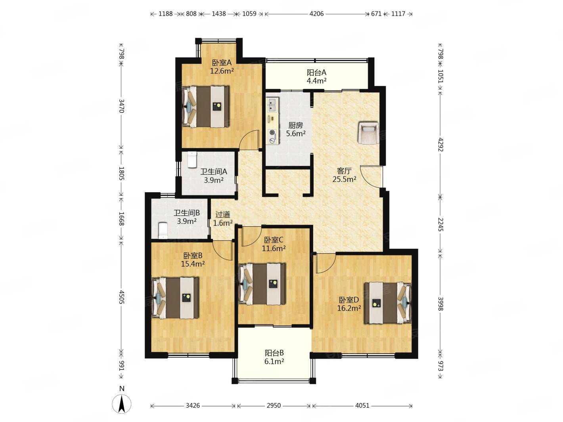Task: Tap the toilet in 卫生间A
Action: (x=192, y=160)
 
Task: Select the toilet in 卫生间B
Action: (x=163, y=230)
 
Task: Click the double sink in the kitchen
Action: (x=272, y=104)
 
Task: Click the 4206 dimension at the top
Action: (x=316, y=14)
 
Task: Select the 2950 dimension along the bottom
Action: (x=274, y=406)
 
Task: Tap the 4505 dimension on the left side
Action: (x=121, y=297)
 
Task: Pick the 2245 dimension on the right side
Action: (x=440, y=224)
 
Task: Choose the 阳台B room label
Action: (x=274, y=353)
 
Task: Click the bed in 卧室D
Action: (x=388, y=303)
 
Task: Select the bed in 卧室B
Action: (x=175, y=298)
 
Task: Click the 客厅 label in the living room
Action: (x=344, y=171)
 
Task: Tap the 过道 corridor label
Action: (x=223, y=214)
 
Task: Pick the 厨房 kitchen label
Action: (x=295, y=126)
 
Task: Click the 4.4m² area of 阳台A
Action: (x=316, y=81)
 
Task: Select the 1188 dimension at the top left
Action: (x=165, y=14)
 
